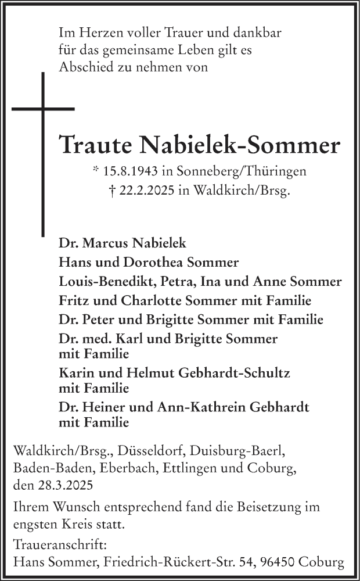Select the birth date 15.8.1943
coord(130,171)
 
